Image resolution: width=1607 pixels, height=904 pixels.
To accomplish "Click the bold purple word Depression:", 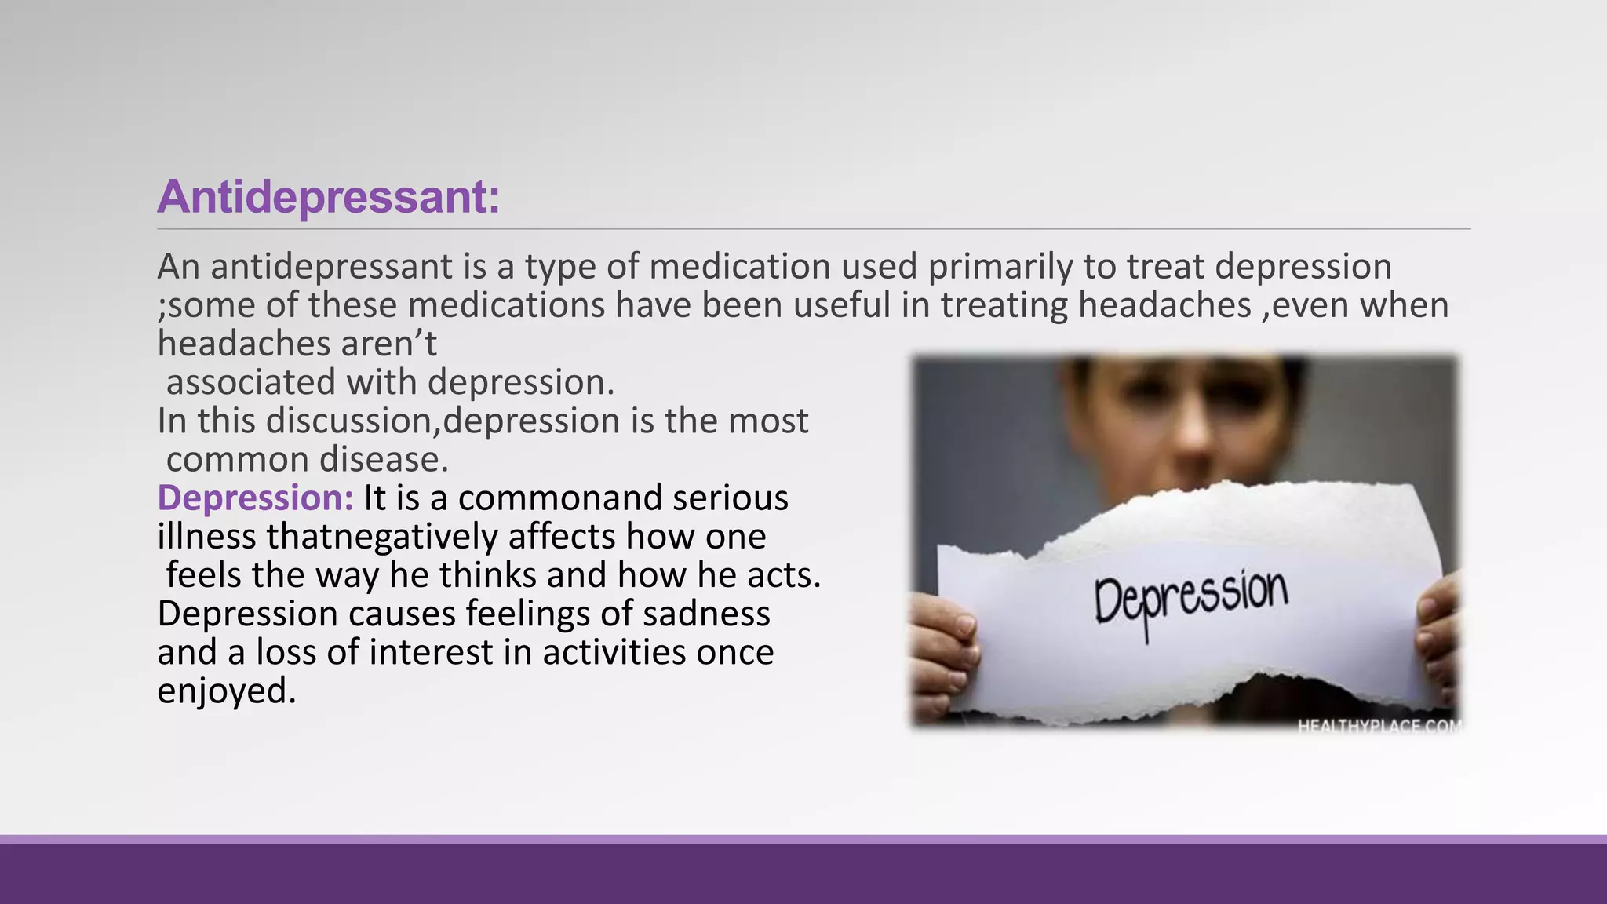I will [255, 498].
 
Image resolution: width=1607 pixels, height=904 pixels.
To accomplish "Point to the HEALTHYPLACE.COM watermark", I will [1379, 726].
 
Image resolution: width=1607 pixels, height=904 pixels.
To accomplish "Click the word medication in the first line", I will [739, 267].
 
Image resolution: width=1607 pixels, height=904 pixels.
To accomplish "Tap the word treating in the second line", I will [1004, 305].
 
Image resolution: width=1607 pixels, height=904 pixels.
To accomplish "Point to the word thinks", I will [487, 575].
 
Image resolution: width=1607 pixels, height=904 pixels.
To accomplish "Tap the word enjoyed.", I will [226, 691].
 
